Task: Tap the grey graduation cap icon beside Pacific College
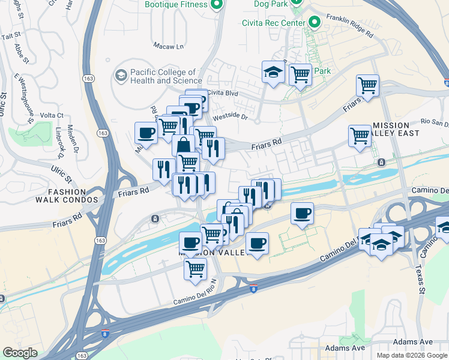click(x=121, y=76)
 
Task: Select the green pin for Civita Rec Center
click(x=314, y=23)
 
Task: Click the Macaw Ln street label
click(x=169, y=46)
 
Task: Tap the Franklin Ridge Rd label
click(x=349, y=28)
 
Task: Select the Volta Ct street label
click(x=52, y=116)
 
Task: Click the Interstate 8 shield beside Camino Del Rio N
click(x=254, y=289)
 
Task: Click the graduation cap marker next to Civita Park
click(x=274, y=73)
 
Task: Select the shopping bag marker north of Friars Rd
click(x=182, y=146)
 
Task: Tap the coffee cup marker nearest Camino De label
click(x=302, y=213)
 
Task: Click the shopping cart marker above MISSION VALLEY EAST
click(x=367, y=85)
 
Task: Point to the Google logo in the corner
click(x=20, y=353)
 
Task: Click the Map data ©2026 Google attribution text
click(x=412, y=355)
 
